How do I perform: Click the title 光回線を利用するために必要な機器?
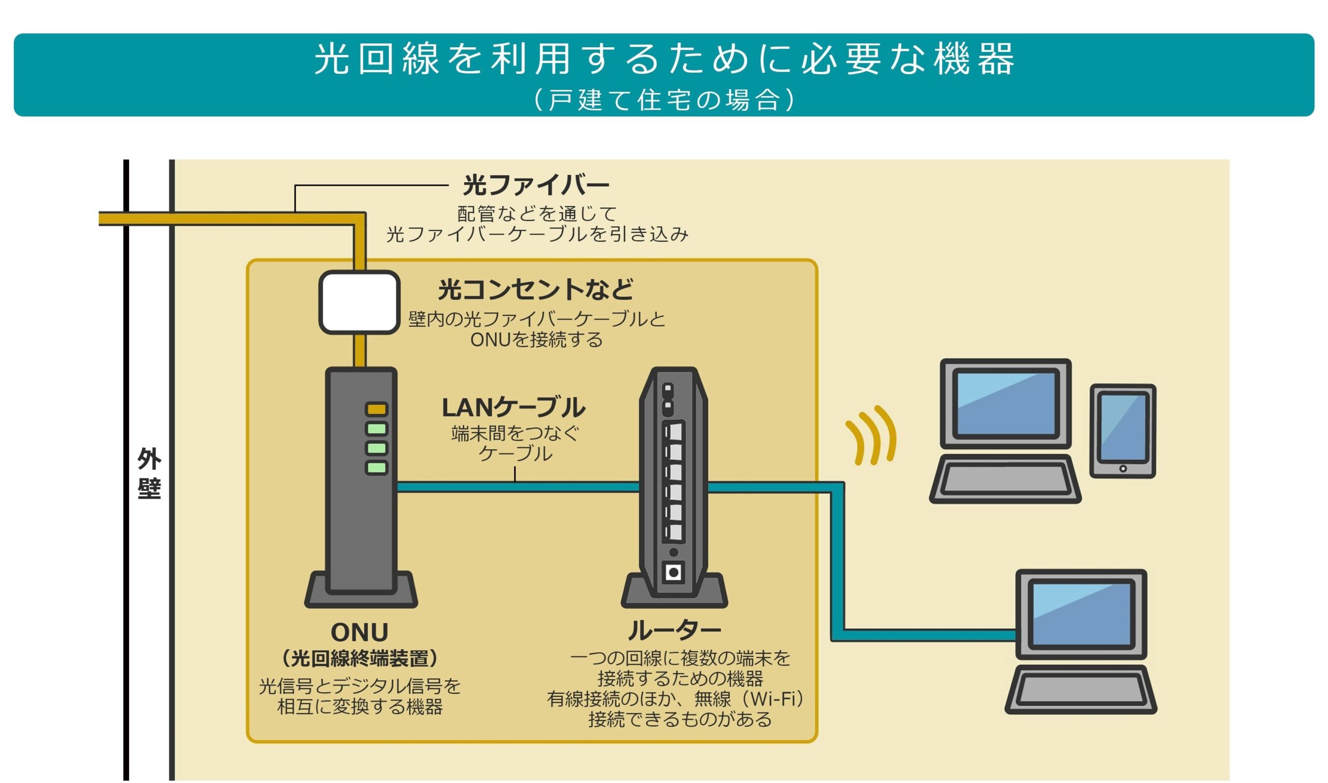click(665, 58)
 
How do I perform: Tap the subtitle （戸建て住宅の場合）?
click(665, 100)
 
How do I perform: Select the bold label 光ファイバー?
click(536, 185)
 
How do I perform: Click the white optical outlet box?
click(359, 303)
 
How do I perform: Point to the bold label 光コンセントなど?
click(536, 289)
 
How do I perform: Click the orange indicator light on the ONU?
click(377, 409)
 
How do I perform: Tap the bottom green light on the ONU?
click(377, 468)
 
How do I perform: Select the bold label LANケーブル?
click(513, 407)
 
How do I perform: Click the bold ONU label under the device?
click(359, 632)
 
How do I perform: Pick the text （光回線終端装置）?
click(359, 658)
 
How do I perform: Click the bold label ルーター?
click(674, 630)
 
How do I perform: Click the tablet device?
click(1123, 432)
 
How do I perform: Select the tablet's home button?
click(1123, 469)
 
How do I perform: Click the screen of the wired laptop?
click(1082, 615)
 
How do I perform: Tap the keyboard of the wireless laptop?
click(1005, 479)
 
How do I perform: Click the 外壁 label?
click(149, 474)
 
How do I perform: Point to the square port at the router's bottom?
click(673, 572)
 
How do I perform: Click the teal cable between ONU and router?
click(518, 487)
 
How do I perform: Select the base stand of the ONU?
click(361, 590)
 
